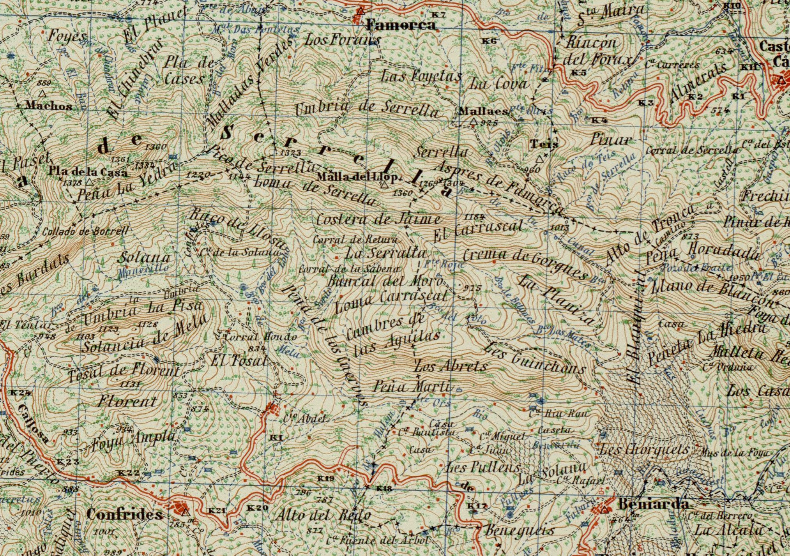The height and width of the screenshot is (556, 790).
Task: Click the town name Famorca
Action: click(401, 26)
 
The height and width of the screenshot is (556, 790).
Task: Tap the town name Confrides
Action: click(124, 515)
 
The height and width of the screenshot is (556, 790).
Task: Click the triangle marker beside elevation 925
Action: click(474, 122)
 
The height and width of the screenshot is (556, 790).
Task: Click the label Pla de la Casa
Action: click(88, 171)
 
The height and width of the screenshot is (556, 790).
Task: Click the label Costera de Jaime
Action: click(378, 219)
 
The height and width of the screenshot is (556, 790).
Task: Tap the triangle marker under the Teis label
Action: click(540, 159)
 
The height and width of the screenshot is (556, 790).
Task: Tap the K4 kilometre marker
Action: click(599, 120)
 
